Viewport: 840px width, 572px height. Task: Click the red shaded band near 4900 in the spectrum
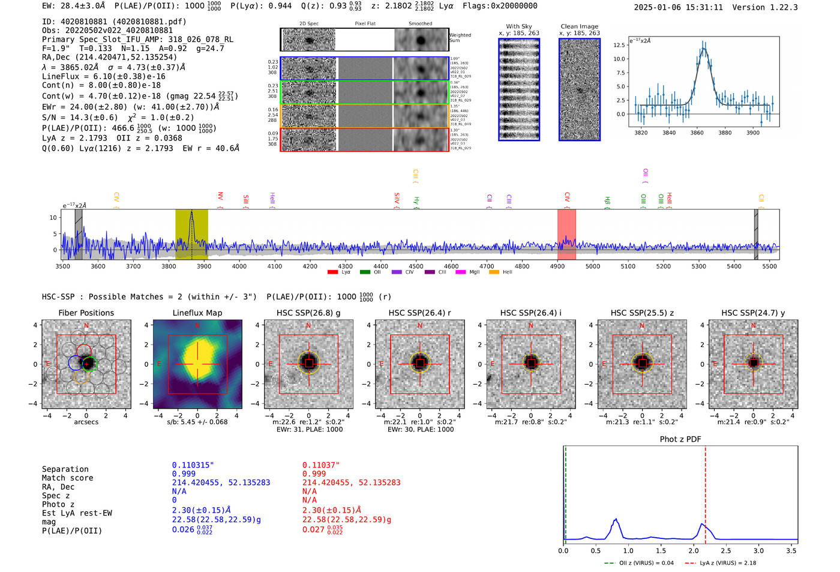(566, 234)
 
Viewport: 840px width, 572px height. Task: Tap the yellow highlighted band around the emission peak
(191, 234)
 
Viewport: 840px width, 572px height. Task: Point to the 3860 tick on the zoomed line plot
(697, 133)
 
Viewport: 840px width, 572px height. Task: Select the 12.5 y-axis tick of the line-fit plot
(619, 45)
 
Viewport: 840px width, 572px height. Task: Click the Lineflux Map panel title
(197, 313)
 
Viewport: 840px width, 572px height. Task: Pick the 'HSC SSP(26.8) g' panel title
(308, 313)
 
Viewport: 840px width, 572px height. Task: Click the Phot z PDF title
(680, 439)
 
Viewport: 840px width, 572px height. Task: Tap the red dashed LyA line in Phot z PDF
(706, 492)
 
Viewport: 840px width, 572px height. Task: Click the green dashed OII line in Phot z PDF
(565, 492)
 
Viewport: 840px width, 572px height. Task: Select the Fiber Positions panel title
(86, 313)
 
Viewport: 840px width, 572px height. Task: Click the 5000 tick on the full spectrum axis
(592, 266)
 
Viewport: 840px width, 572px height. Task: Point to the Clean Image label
(579, 26)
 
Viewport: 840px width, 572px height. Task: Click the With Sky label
(518, 26)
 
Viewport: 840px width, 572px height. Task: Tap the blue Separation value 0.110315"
(193, 465)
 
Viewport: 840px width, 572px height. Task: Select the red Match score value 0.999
(314, 474)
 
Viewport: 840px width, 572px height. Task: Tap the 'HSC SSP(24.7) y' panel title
(753, 313)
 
